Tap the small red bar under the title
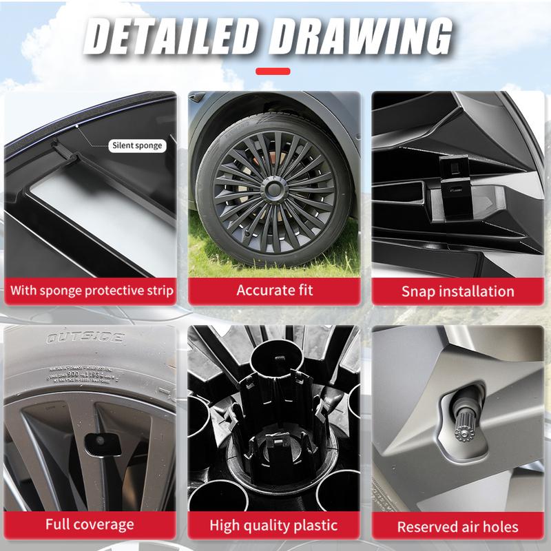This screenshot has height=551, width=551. coord(273,70)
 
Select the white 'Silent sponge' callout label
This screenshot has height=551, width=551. coord(138,145)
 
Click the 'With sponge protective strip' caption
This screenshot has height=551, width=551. coord(92,290)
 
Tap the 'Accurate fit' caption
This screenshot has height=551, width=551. coord(274,290)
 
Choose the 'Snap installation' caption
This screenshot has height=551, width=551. coord(457,291)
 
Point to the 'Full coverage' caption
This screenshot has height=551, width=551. coord(90,524)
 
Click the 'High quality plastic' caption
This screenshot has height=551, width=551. coord(274,525)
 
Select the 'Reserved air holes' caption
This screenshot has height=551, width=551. coord(457,527)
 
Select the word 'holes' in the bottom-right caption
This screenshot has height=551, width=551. coord(495,527)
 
